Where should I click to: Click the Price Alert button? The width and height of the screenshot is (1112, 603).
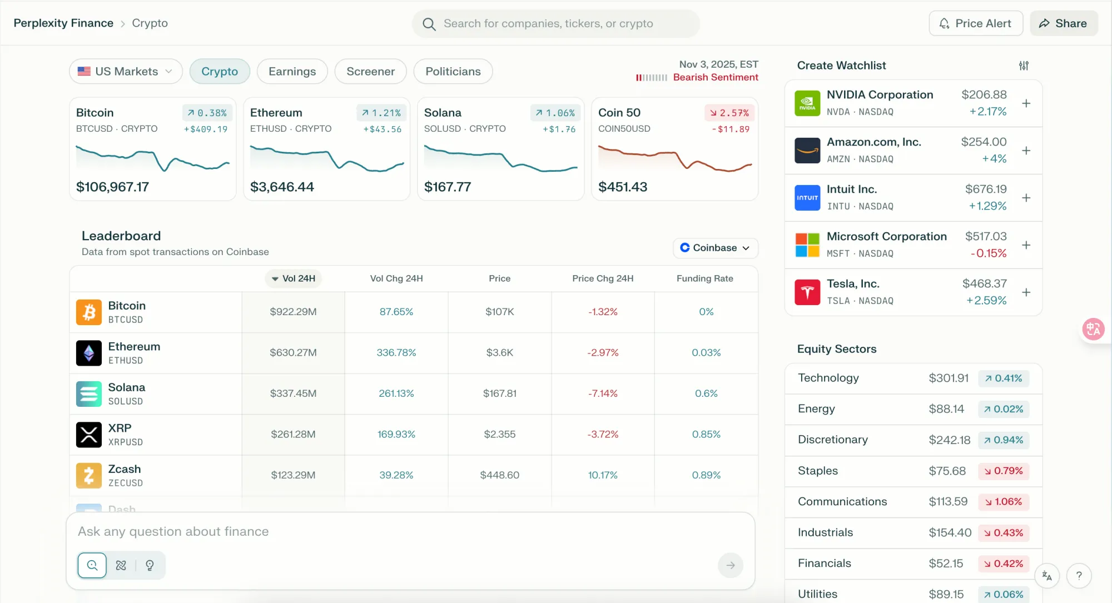[976, 23]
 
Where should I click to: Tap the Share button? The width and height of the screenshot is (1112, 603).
[1064, 23]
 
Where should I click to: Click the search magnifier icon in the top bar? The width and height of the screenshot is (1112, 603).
[429, 24]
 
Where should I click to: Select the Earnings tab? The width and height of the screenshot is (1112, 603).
[292, 71]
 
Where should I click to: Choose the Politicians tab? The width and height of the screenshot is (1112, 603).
[453, 71]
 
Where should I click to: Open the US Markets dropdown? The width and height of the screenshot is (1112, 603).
[126, 71]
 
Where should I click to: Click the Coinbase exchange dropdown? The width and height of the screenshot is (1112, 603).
[716, 248]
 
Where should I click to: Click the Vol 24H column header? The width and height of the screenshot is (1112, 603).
[293, 278]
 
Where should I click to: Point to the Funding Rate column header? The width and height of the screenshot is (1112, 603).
[704, 278]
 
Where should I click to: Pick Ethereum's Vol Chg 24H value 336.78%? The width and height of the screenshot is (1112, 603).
[396, 353]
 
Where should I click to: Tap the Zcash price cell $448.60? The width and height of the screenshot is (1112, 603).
[500, 475]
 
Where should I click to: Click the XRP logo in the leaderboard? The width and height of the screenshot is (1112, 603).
[89, 435]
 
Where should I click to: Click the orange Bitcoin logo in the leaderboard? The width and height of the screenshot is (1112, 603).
[89, 312]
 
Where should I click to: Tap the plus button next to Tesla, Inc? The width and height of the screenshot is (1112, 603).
[1026, 292]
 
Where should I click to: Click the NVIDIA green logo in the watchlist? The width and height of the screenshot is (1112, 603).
[807, 103]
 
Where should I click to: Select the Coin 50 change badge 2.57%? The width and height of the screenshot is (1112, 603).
[729, 113]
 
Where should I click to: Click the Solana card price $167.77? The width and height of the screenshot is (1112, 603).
[448, 187]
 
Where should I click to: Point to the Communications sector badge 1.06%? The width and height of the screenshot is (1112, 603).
[1004, 502]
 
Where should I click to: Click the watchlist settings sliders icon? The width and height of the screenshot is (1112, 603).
[1024, 66]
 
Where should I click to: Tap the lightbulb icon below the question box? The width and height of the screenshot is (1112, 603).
[150, 565]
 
